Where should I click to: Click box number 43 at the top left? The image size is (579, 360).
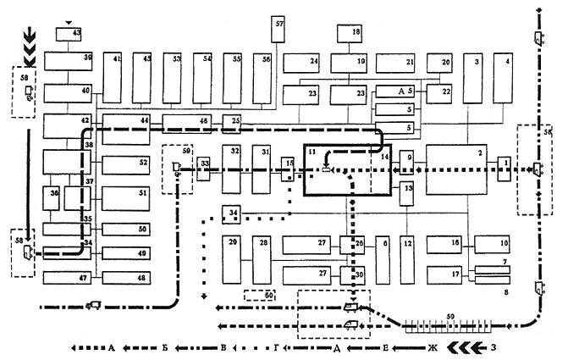(x=66, y=34)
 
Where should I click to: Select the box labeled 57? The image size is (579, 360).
(x=279, y=34)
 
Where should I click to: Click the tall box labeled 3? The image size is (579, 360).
(x=473, y=78)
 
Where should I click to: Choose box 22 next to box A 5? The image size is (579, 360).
(x=439, y=93)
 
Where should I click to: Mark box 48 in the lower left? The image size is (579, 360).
(x=125, y=278)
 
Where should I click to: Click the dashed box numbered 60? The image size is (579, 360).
(x=259, y=296)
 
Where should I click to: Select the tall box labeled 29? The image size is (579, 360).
(x=232, y=258)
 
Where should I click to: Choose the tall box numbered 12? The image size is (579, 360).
(x=407, y=258)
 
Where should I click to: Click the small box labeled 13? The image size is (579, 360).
(x=407, y=193)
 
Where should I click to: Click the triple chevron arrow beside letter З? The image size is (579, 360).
(x=465, y=347)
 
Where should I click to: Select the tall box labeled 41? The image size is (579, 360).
(x=114, y=78)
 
